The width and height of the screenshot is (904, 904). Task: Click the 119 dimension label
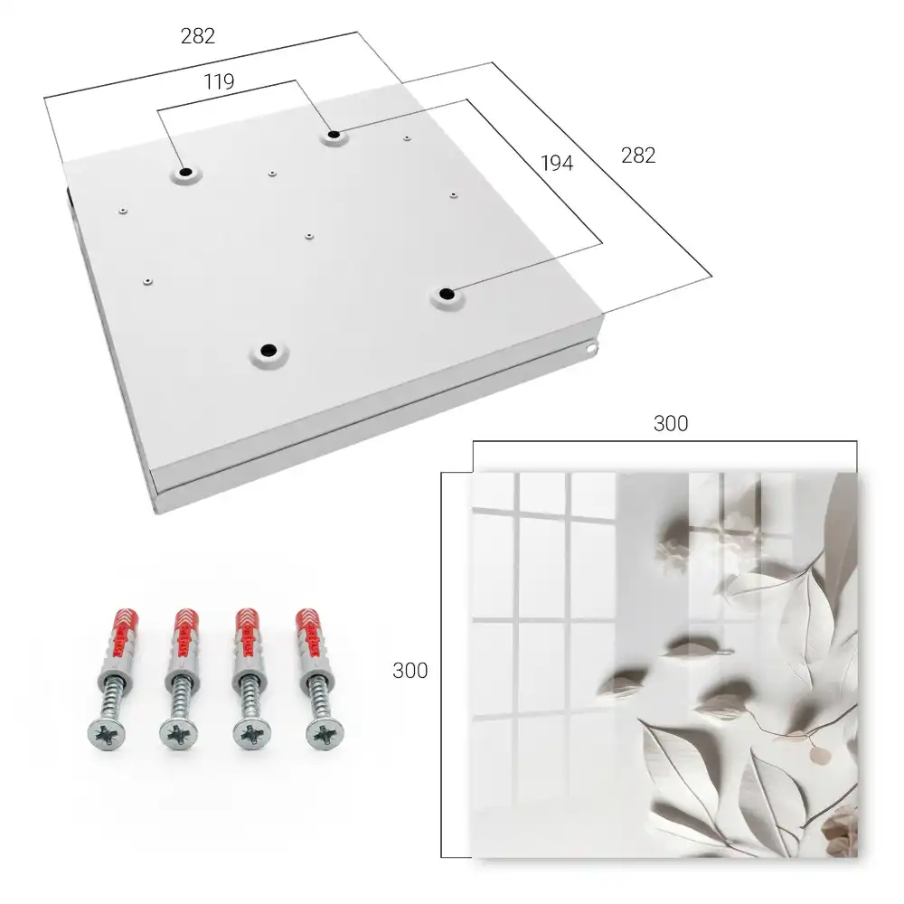[219, 82]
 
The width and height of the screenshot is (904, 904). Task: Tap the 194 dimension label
[557, 163]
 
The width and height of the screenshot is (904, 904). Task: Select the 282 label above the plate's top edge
[198, 36]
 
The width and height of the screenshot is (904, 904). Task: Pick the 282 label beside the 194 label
[638, 155]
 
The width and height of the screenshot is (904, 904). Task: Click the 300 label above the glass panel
[671, 424]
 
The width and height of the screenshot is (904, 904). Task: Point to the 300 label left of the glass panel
[410, 671]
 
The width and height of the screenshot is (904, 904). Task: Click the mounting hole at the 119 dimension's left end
[185, 173]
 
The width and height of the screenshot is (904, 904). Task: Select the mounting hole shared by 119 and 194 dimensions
[334, 136]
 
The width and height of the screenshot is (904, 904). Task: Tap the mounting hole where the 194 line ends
[446, 294]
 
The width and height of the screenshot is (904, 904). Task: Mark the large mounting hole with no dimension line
[268, 350]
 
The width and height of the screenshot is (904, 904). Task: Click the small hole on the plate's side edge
[590, 348]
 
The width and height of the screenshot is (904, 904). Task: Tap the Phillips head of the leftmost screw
[107, 734]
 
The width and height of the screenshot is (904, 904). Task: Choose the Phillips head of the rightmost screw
[325, 734]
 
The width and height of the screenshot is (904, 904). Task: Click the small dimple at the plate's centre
[309, 236]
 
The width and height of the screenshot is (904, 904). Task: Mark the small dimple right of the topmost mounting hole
[407, 138]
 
